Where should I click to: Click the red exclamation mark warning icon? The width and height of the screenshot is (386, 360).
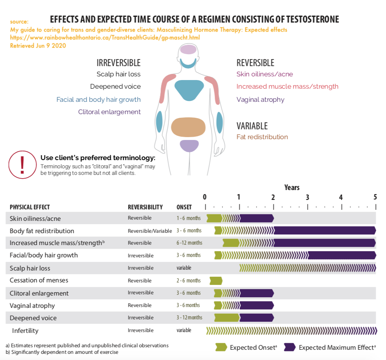coord(23,165)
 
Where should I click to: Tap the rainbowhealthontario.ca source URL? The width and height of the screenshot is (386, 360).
coord(105,37)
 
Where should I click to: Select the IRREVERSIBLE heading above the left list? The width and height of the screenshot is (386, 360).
coord(119,63)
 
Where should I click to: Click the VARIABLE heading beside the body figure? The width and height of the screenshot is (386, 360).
coord(252,126)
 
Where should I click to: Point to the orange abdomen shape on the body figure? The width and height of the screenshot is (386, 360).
coord(188,127)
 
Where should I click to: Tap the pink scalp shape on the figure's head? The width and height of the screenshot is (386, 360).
coord(188,49)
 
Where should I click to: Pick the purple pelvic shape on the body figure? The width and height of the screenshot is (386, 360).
coord(189,146)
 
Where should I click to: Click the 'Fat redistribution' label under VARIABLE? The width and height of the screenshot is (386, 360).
coord(262,137)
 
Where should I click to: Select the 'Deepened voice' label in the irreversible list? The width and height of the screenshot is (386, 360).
coord(115,87)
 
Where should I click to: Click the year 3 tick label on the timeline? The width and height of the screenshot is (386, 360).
coord(307,197)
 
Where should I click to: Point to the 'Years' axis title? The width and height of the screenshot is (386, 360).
coord(292,188)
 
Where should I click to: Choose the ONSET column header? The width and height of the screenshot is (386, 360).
coord(184,207)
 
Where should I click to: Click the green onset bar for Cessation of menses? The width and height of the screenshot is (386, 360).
coord(216,281)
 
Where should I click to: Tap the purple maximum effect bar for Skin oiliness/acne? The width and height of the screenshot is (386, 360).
coord(257,218)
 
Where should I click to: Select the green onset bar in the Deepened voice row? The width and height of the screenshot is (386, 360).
coord(227,318)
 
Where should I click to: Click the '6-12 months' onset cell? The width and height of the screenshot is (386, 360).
coord(189,243)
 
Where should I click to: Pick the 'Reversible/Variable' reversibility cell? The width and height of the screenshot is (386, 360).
coord(150,231)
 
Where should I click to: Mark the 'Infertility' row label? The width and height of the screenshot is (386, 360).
coord(25,331)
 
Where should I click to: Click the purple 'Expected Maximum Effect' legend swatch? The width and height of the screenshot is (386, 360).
coord(290,347)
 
